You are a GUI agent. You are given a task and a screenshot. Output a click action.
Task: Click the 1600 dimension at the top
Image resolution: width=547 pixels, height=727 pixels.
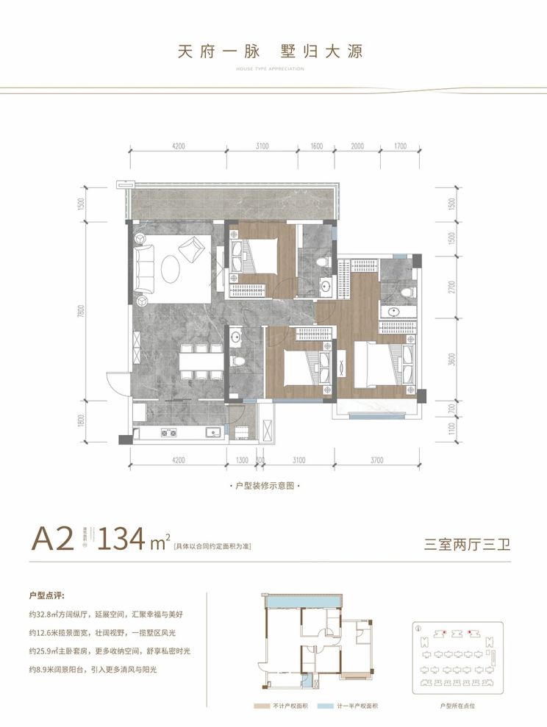317,146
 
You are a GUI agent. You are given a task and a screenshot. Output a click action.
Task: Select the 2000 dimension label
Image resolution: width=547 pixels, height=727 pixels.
357,146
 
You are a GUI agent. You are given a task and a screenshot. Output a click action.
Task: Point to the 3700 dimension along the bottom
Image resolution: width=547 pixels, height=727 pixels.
376,460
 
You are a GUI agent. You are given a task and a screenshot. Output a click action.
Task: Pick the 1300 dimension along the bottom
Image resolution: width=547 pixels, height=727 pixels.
243,460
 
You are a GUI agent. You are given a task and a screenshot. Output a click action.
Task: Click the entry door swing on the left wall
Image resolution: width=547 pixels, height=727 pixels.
117,382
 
